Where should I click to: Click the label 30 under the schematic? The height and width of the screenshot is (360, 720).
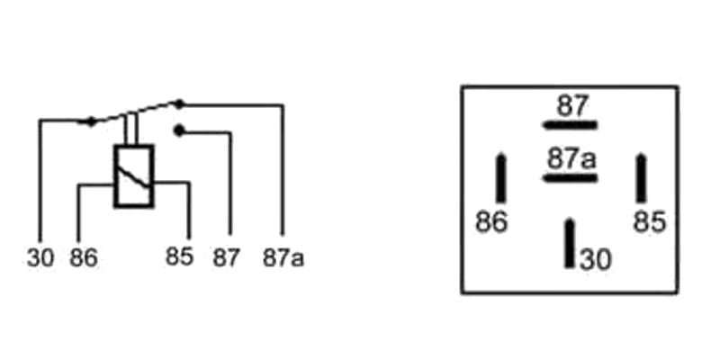pyautogui.click(x=40, y=257)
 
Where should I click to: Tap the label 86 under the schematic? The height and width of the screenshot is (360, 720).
pyautogui.click(x=84, y=257)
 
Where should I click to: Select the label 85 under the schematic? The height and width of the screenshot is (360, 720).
pyautogui.click(x=179, y=256)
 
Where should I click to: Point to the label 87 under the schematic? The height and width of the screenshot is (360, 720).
pyautogui.click(x=226, y=257)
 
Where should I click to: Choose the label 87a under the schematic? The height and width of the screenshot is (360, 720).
pyautogui.click(x=283, y=257)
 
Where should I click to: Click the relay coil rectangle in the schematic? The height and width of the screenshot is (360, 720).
pyautogui.click(x=133, y=176)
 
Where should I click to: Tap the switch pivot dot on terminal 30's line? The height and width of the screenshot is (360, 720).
pyautogui.click(x=92, y=121)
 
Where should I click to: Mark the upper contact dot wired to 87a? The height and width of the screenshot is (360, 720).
pyautogui.click(x=179, y=104)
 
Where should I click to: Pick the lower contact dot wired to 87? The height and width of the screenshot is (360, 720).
pyautogui.click(x=179, y=131)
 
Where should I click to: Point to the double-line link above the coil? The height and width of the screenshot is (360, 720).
pyautogui.click(x=131, y=129)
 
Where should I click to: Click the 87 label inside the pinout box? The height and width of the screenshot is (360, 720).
pyautogui.click(x=572, y=105)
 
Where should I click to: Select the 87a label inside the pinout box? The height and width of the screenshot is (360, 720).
pyautogui.click(x=571, y=159)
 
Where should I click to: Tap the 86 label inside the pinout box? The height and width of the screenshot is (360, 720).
pyautogui.click(x=491, y=221)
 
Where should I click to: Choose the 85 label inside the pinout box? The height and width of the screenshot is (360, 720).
pyautogui.click(x=649, y=221)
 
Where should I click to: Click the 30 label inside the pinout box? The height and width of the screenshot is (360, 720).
pyautogui.click(x=596, y=259)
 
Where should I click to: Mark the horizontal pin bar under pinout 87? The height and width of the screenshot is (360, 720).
pyautogui.click(x=570, y=125)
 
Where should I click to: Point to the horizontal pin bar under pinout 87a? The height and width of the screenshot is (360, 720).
pyautogui.click(x=570, y=178)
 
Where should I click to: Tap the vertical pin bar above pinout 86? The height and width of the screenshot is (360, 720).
pyautogui.click(x=501, y=177)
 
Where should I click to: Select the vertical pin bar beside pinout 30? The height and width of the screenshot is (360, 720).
pyautogui.click(x=570, y=243)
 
